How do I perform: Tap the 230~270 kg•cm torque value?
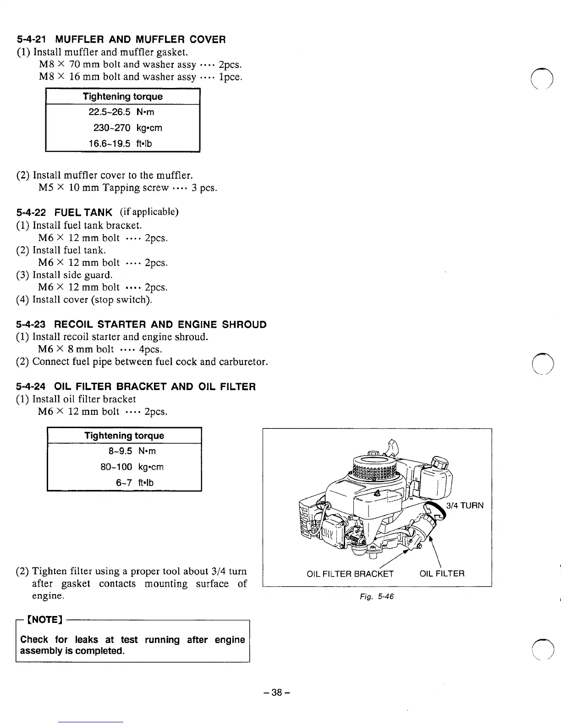[x=127, y=128]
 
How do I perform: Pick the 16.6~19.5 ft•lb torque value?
[x=120, y=144]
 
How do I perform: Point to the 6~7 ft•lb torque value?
[x=135, y=483]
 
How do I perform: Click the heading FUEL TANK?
[x=83, y=212]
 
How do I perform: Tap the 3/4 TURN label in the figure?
[x=465, y=506]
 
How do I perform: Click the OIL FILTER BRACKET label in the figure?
[x=350, y=573]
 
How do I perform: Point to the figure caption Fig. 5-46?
[x=377, y=596]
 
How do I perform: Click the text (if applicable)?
[x=149, y=212]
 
